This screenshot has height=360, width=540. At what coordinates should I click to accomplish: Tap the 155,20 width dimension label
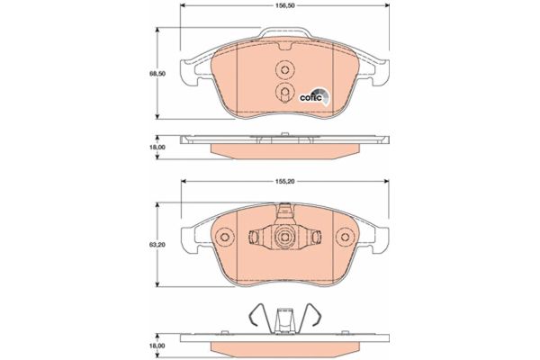tap(284, 181)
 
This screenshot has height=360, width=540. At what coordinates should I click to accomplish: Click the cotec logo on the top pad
tap(314, 95)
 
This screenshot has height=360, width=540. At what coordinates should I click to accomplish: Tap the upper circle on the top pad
tap(284, 70)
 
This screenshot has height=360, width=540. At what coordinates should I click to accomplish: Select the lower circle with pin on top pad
tap(284, 92)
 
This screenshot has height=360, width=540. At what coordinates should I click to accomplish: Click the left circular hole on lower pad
tap(224, 238)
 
